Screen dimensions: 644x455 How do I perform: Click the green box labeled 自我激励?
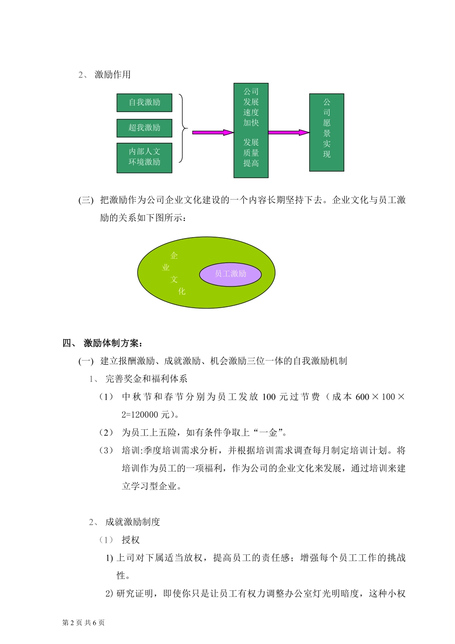tap(144, 103)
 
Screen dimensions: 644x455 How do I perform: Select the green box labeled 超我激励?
tap(144, 128)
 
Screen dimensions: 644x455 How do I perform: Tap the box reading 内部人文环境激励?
tap(144, 157)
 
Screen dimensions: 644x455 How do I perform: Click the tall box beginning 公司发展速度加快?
tap(251, 130)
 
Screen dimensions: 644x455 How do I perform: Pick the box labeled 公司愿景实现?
tap(327, 132)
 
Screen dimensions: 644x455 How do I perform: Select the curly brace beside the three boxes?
tap(182, 128)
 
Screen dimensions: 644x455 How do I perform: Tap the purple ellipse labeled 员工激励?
tap(230, 274)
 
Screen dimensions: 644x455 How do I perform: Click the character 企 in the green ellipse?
tap(174, 256)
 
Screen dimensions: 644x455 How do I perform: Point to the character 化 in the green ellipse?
tap(182, 291)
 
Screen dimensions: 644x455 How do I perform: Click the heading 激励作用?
tap(113, 75)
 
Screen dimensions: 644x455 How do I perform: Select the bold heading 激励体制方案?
tap(113, 343)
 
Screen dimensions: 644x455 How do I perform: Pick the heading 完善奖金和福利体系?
tap(147, 379)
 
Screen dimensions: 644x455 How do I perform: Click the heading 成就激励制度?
tap(133, 522)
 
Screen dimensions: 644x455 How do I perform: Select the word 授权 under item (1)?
tap(130, 540)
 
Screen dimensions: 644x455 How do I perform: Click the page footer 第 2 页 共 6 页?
tap(84, 622)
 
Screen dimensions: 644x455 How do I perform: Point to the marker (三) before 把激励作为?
tap(86, 200)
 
